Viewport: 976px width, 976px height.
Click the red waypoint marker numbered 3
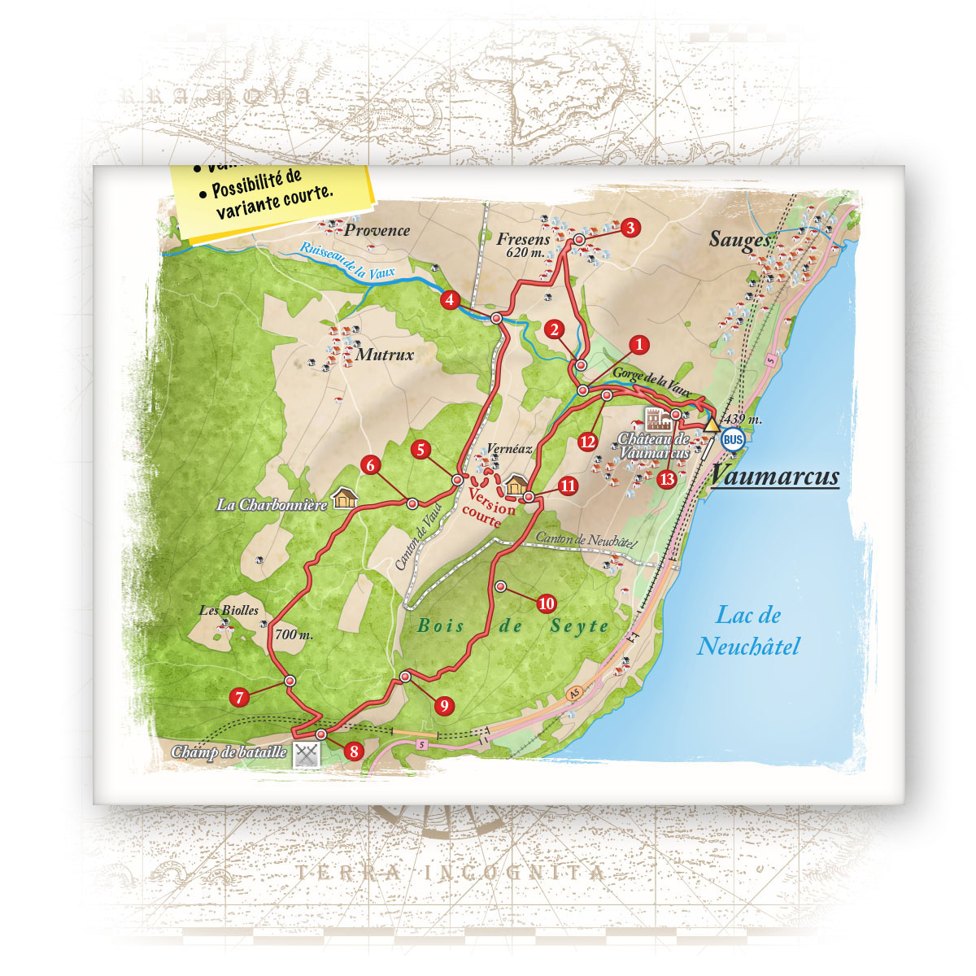tap(630, 229)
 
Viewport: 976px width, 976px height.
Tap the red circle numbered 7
tap(239, 697)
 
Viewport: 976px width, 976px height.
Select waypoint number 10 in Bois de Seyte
tap(546, 603)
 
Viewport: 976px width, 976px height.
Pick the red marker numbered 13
tap(667, 479)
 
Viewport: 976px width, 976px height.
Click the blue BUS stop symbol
tap(733, 439)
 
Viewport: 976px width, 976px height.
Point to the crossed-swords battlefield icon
tap(307, 753)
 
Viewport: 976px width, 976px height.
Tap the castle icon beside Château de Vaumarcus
tap(658, 419)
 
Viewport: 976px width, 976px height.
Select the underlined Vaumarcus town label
tap(775, 476)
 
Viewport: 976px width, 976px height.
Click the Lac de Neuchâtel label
tap(748, 631)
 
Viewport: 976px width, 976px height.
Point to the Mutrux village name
tap(385, 355)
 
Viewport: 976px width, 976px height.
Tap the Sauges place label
tap(739, 238)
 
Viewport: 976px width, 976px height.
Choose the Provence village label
tap(377, 230)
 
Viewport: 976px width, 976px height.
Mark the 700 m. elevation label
tap(294, 634)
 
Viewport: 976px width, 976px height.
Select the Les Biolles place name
tap(229, 610)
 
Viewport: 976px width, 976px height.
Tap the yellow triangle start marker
tap(712, 424)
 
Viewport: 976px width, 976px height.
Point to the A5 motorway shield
tap(575, 692)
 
